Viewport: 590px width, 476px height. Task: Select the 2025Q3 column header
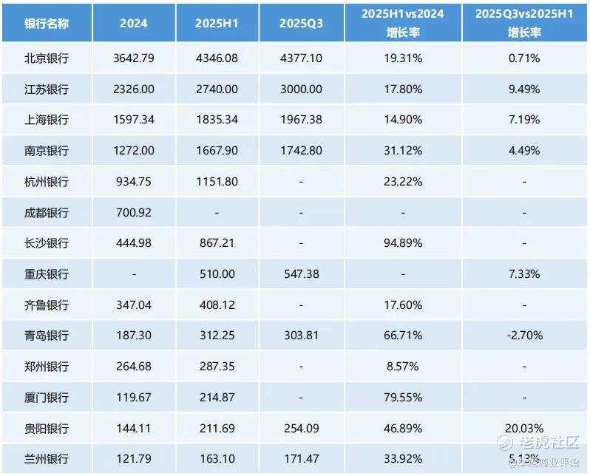[x=301, y=23]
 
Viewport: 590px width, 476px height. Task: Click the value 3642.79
[x=133, y=58]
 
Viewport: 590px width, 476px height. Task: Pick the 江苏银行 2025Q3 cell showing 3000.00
[x=301, y=89]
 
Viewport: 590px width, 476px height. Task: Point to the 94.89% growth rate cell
[x=404, y=242]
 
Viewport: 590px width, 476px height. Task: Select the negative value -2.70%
[x=525, y=335]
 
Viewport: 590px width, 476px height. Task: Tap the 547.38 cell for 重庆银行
[x=301, y=273]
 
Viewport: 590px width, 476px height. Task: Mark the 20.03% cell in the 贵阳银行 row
[x=525, y=427]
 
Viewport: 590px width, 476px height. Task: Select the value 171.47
[x=301, y=458]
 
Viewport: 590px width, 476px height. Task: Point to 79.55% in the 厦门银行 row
[x=404, y=397]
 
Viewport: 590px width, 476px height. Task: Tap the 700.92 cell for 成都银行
[x=133, y=212]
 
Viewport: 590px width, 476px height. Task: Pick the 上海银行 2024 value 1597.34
[x=133, y=120]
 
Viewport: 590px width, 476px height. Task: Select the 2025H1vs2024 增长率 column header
[x=404, y=23]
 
